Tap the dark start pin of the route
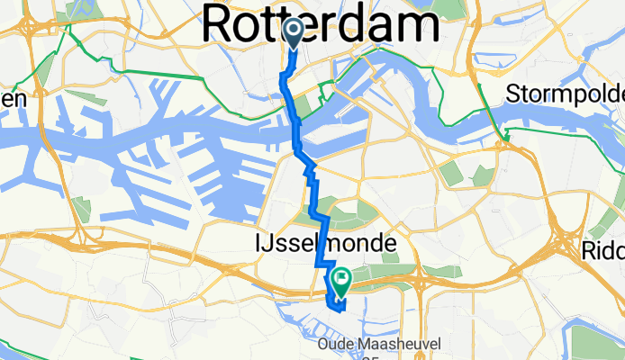294,33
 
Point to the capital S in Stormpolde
514,94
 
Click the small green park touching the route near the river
304,105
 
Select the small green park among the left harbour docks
82,209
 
